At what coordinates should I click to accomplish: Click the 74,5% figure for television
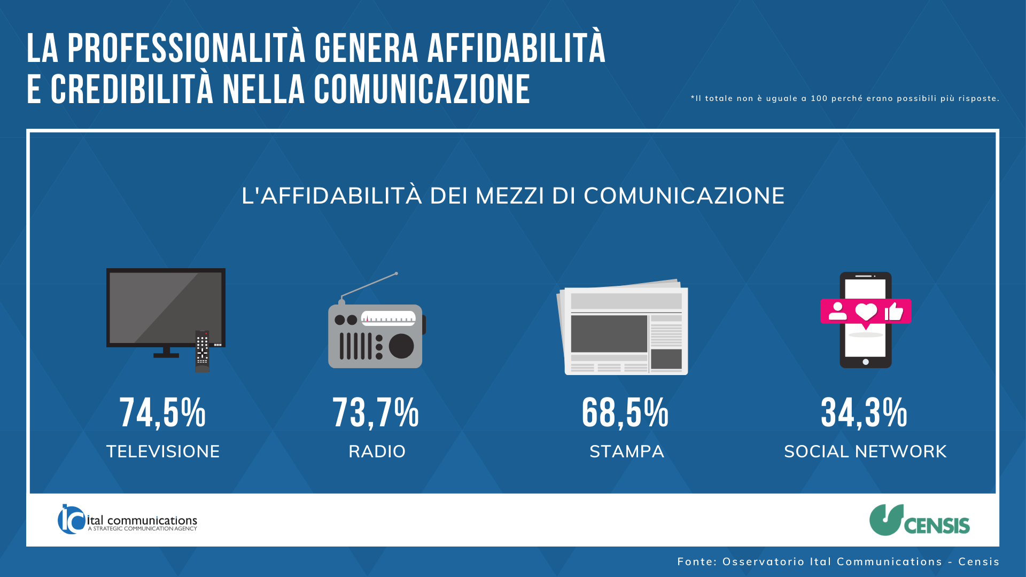(162, 412)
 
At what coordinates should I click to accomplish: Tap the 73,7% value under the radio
(376, 412)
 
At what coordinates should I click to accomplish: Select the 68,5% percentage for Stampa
(625, 412)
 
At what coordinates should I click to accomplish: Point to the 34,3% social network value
(864, 412)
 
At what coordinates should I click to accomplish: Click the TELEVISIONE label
(163, 451)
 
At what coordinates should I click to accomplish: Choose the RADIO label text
(377, 451)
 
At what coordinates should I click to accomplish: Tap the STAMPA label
(627, 451)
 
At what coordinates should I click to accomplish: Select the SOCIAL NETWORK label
(865, 451)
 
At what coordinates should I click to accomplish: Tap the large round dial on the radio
(401, 346)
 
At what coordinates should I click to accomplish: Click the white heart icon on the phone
(866, 311)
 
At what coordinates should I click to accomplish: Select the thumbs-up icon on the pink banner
(894, 311)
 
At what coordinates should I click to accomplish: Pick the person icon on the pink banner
(837, 311)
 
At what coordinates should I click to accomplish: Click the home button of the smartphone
(866, 362)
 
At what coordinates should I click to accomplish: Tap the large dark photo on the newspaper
(609, 333)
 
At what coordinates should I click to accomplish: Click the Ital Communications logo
(127, 519)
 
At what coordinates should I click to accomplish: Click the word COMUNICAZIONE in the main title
(422, 89)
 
